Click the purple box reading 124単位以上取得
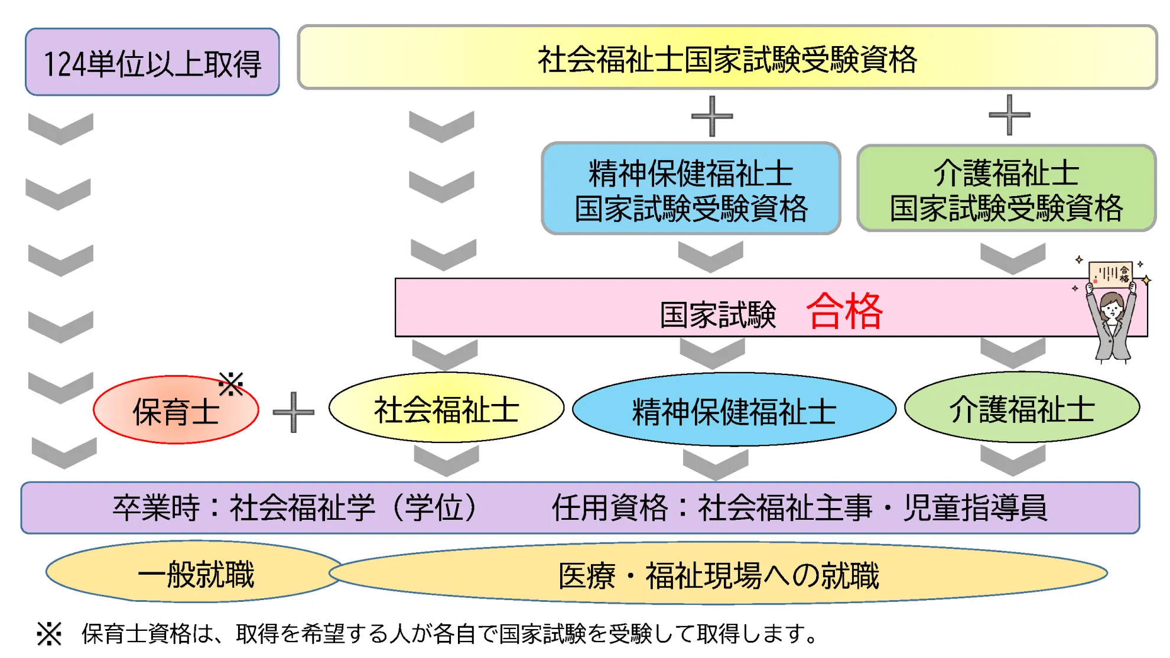(152, 63)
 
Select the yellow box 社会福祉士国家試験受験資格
(727, 58)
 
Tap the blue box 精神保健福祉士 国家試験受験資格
(691, 189)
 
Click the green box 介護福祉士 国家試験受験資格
(1006, 189)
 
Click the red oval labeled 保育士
(175, 411)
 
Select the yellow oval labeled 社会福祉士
(446, 408)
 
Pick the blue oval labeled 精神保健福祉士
(734, 410)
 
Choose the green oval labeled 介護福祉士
(1022, 408)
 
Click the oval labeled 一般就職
(195, 573)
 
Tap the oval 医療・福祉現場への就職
(718, 575)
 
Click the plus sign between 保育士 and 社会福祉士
(293, 412)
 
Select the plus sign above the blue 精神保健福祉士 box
(712, 116)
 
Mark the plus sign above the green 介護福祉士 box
(1009, 115)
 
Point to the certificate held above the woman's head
(1110, 273)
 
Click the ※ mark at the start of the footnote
(49, 634)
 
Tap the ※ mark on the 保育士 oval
(230, 384)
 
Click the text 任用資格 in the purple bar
(609, 507)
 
